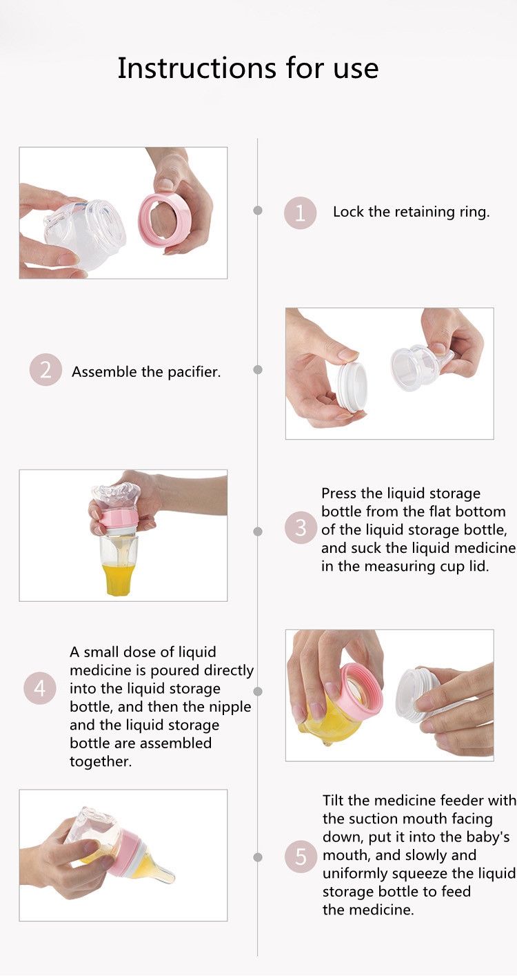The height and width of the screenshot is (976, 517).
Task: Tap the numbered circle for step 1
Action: pos(301,213)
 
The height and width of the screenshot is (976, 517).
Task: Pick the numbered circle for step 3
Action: pos(301,527)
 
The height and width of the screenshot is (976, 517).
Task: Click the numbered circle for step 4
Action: pos(39,688)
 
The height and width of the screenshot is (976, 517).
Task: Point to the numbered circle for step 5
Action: pos(301,857)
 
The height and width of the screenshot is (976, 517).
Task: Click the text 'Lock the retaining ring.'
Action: pos(412,212)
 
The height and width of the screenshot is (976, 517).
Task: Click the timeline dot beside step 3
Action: pos(258,531)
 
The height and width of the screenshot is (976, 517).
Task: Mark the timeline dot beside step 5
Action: pos(258,857)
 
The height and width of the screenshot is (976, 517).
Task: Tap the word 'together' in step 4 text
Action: pos(101,761)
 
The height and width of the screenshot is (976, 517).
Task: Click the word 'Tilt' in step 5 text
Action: pos(334,800)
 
